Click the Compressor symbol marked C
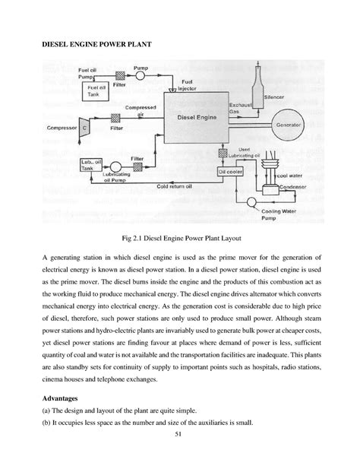click(x=86, y=128)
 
